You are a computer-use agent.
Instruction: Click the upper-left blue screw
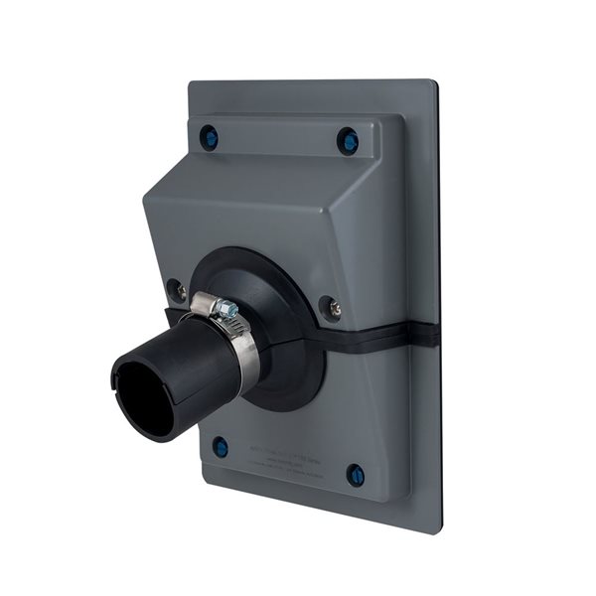(209, 136)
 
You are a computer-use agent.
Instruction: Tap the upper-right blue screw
(348, 141)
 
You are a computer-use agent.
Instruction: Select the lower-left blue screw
(221, 447)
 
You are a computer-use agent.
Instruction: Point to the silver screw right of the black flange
(331, 307)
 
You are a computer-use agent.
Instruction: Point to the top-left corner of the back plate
(191, 83)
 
